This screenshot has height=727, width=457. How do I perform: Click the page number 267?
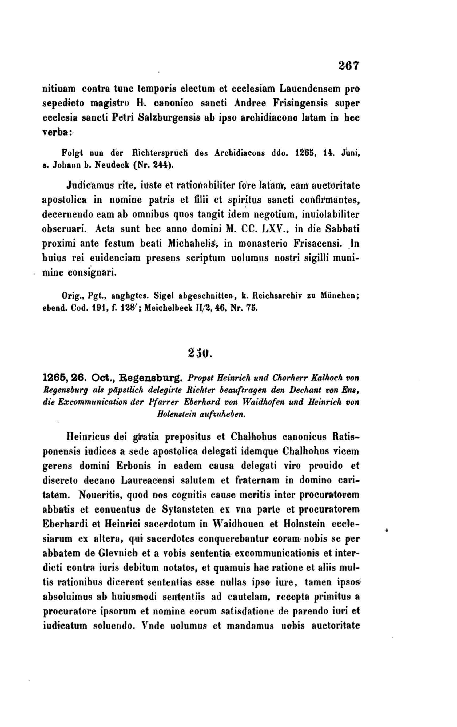coord(349,66)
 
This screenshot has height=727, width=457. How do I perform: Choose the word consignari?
coord(92,273)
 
